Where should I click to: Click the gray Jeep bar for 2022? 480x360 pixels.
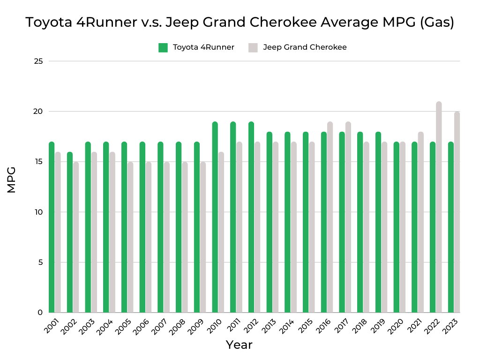(439, 207)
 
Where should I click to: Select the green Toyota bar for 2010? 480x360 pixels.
(215, 217)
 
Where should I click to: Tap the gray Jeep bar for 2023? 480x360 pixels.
(457, 212)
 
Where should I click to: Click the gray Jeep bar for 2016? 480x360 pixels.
(330, 217)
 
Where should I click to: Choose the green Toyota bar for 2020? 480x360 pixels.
(396, 227)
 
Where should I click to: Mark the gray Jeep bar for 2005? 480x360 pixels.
(130, 237)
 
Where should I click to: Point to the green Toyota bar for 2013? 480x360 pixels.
(269, 222)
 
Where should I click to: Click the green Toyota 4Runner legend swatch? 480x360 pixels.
(163, 47)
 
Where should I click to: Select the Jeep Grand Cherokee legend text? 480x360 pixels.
(305, 47)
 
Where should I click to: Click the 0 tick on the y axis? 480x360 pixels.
(40, 313)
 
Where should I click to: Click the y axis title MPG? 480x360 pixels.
(12, 180)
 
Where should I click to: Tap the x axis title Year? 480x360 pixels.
(239, 345)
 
